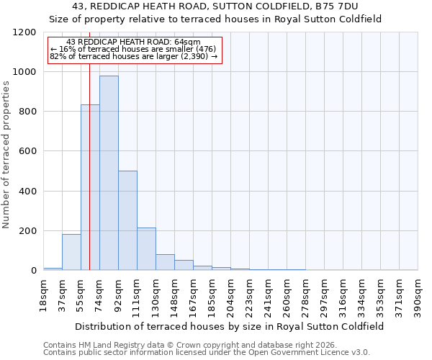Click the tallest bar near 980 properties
pos(109,173)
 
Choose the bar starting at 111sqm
pos(146,249)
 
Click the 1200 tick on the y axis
pos(24,32)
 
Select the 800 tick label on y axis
pos(27,112)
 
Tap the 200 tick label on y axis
pos(27,231)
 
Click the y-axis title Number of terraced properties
pos(6,155)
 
